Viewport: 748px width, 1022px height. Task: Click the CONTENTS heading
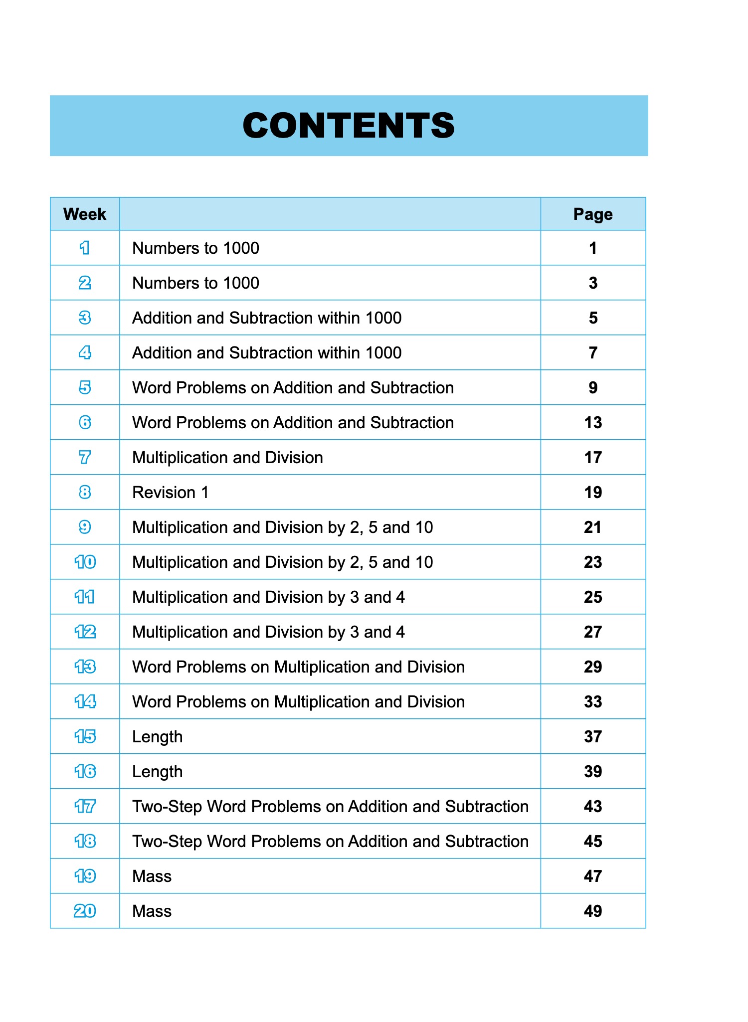[349, 125]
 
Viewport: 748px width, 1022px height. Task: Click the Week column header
[85, 214]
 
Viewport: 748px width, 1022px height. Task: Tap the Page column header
[592, 214]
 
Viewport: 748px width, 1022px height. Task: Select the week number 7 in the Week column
[85, 457]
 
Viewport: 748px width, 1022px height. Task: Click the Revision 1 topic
[170, 493]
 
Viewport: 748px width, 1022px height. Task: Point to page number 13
[592, 423]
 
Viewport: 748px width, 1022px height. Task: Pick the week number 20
[85, 911]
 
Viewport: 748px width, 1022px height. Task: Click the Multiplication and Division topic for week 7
[227, 458]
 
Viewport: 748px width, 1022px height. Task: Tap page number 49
[592, 911]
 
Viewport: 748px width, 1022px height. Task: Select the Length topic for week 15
[157, 737]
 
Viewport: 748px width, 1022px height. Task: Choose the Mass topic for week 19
[152, 876]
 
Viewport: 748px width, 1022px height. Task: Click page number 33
[592, 702]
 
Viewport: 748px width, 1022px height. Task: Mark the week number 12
[85, 632]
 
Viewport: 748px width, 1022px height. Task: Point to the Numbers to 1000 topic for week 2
[195, 283]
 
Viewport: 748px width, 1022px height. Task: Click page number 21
[592, 527]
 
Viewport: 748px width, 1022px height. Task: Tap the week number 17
[85, 807]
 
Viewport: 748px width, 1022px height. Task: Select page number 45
[592, 842]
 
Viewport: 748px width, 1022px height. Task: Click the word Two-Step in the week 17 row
[167, 807]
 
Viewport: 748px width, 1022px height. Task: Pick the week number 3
[85, 318]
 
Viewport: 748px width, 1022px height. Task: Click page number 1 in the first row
[592, 248]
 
